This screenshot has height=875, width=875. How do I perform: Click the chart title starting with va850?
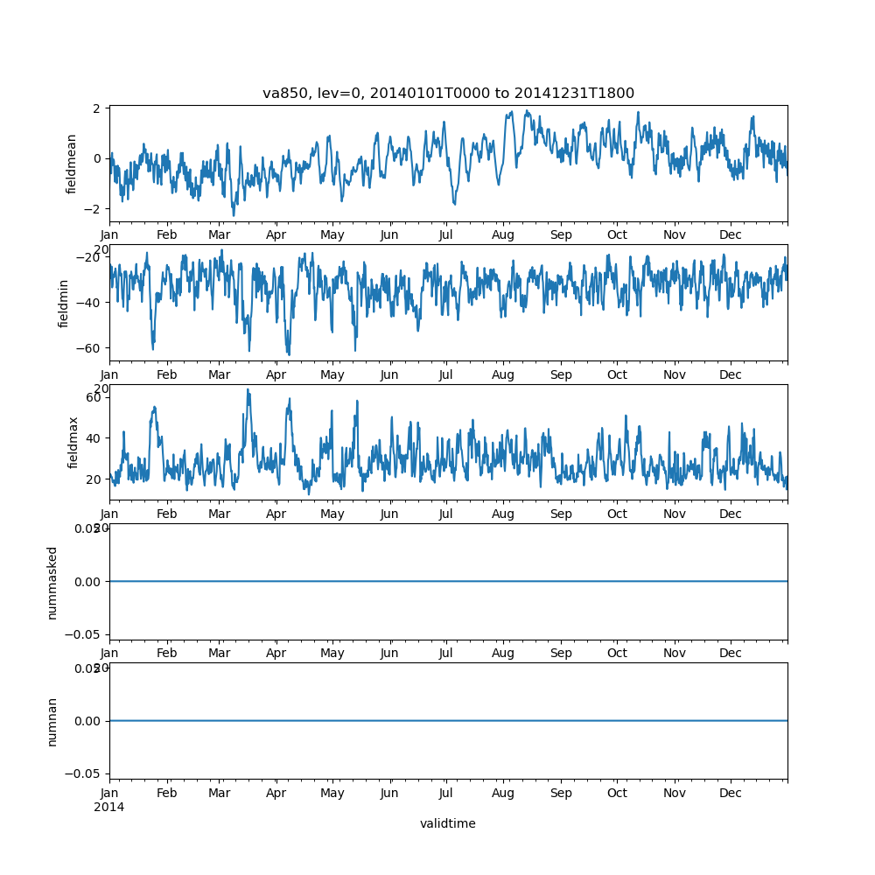coord(448,93)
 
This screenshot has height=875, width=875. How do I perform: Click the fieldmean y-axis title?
coord(72,164)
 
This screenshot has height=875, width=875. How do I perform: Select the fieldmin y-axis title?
coord(63,303)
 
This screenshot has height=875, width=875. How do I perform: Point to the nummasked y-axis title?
coord(52,582)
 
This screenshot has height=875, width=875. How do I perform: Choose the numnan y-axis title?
coord(52,721)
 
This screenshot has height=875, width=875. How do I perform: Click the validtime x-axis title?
coord(448,823)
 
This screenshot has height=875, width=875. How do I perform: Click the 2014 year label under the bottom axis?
coord(109,807)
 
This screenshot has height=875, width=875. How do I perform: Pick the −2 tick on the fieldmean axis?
coord(94,209)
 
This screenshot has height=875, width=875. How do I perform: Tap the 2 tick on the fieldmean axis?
coord(98,108)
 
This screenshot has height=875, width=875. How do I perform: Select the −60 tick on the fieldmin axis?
coord(90,347)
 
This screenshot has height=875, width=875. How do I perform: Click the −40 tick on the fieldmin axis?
coord(90,302)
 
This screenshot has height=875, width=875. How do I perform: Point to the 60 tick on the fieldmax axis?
coord(94,396)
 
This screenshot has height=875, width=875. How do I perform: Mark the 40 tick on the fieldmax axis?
coord(94,437)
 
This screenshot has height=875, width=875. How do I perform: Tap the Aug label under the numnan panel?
coord(503,793)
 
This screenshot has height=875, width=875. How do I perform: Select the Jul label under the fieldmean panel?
coord(446,235)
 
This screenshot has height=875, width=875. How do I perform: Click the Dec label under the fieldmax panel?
coord(731,514)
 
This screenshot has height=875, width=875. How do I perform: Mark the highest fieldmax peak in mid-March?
coord(248,389)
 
